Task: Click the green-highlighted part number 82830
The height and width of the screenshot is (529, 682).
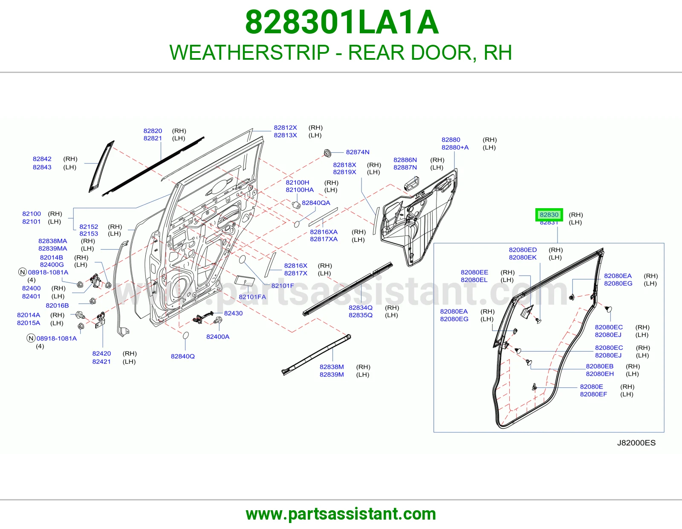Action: click(x=549, y=215)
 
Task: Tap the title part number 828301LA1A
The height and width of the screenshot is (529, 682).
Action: click(x=341, y=22)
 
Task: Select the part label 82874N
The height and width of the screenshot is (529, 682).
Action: click(x=358, y=152)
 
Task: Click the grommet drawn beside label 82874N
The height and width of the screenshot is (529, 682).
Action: click(x=327, y=153)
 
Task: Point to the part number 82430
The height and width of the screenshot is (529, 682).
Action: click(x=233, y=313)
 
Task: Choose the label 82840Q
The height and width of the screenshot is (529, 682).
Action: click(x=183, y=356)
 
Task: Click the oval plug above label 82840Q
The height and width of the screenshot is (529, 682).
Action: click(x=185, y=335)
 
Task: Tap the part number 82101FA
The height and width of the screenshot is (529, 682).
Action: click(x=252, y=297)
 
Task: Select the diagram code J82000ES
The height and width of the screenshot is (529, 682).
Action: click(x=636, y=443)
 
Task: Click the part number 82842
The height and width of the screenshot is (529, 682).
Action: click(x=42, y=159)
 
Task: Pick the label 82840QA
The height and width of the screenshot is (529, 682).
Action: click(x=316, y=203)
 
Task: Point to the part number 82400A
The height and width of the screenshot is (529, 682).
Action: click(x=218, y=337)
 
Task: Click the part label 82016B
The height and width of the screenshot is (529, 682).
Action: click(x=57, y=305)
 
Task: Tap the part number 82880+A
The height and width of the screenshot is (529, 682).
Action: click(x=455, y=147)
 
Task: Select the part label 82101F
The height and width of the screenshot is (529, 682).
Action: click(x=283, y=285)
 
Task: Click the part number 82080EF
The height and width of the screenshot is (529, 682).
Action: click(x=593, y=394)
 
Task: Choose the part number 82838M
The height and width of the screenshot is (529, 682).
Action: click(x=332, y=367)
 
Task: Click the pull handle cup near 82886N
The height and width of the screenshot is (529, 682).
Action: click(x=411, y=183)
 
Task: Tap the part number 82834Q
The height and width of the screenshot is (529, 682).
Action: click(x=360, y=308)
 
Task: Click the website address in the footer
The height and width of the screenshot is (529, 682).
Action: click(x=341, y=514)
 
